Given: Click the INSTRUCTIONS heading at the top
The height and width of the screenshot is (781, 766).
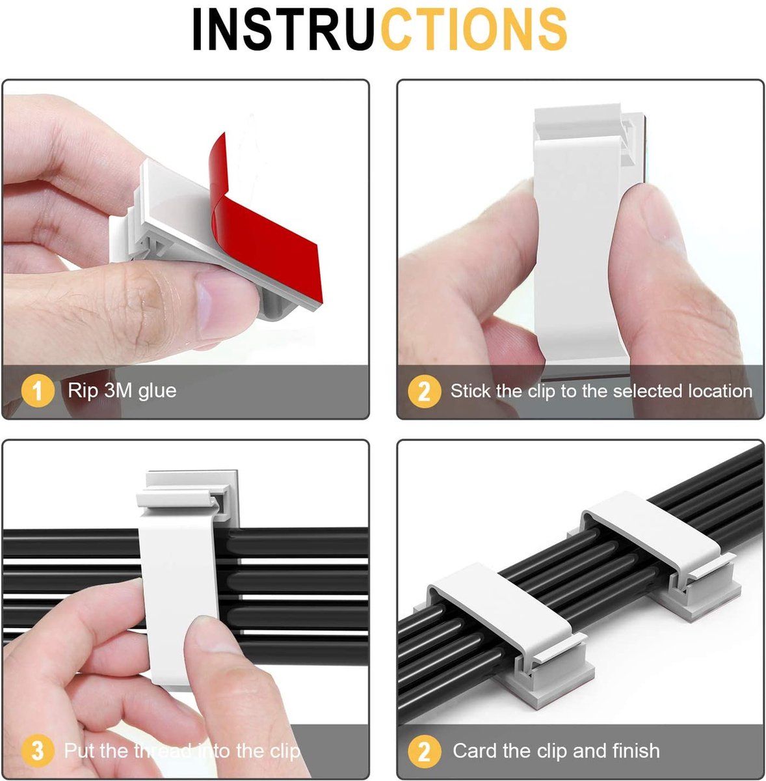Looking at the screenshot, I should click(x=380, y=29).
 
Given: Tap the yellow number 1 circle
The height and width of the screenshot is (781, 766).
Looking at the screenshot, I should click(x=37, y=391).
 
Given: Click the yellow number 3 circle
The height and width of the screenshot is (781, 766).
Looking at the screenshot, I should click(x=37, y=750).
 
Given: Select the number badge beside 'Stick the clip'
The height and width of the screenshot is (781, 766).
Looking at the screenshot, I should click(x=424, y=391).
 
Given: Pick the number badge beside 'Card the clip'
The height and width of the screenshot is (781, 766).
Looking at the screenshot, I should click(x=424, y=750).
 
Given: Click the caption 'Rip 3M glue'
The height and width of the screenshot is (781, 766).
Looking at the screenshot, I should click(x=122, y=390).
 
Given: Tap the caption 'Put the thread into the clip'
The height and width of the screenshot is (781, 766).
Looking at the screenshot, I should click(x=182, y=750).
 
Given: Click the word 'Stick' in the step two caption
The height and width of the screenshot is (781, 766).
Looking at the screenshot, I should click(x=471, y=390).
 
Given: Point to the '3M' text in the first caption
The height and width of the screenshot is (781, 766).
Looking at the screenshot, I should click(x=118, y=390).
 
